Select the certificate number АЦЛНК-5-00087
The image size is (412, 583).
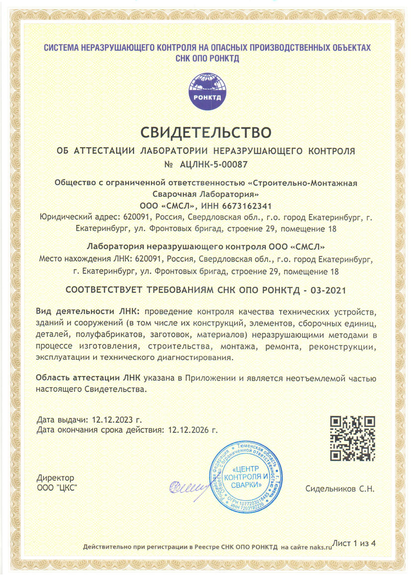click(213, 165)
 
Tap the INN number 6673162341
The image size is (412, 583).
click(247, 206)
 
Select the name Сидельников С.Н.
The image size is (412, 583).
click(340, 489)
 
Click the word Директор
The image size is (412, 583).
click(55, 478)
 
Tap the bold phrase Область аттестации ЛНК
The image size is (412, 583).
click(88, 378)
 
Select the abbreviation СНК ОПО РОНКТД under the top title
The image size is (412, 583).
click(207, 59)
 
